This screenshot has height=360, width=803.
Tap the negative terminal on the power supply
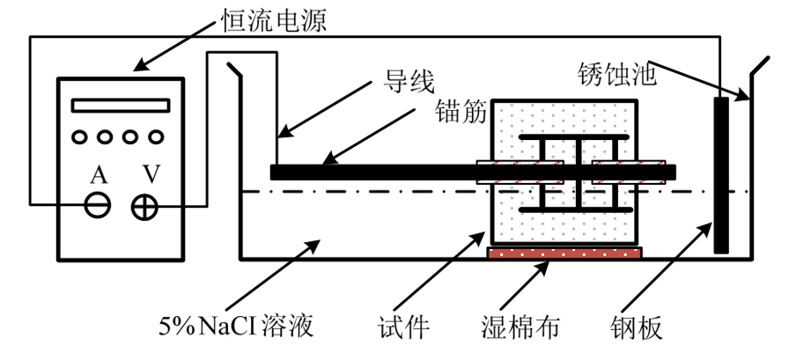click(97, 206)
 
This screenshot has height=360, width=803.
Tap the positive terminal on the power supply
click(144, 206)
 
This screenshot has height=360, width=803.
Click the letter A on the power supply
click(97, 175)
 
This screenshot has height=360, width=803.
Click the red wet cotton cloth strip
click(564, 253)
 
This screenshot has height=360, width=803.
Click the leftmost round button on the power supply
click(79, 136)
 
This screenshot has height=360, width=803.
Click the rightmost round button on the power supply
click(157, 136)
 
